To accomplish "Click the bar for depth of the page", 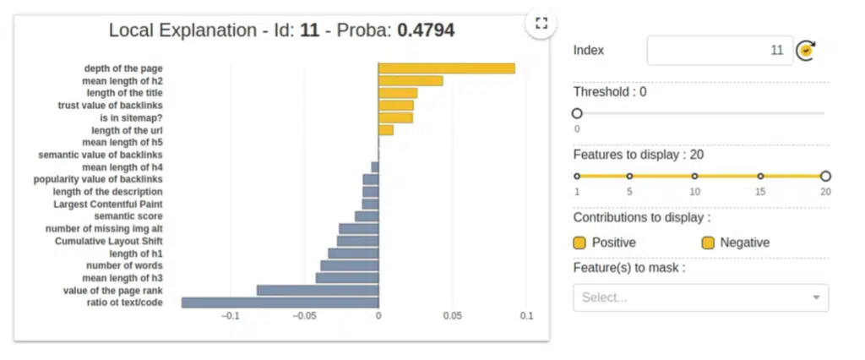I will (x=446, y=68).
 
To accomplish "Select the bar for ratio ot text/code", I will (x=280, y=303).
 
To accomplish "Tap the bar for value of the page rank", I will (x=317, y=290).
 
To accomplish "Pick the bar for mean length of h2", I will (x=411, y=80).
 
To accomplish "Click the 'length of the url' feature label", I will (x=127, y=130).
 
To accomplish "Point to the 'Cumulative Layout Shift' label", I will (x=109, y=241).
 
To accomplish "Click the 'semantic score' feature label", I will (x=128, y=216).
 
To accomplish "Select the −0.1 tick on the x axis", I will (x=229, y=316).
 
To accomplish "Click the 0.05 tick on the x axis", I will (x=452, y=316).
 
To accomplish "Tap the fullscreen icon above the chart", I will (x=541, y=23).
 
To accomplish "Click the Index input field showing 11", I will (x=719, y=51).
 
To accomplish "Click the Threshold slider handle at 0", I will (x=577, y=113).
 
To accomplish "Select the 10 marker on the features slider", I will (x=694, y=177).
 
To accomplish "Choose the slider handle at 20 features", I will (x=825, y=177).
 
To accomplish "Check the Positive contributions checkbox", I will (x=579, y=243).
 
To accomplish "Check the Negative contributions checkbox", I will (x=708, y=243).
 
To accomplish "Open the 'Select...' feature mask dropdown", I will (x=700, y=297).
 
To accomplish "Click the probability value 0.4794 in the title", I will (x=426, y=31).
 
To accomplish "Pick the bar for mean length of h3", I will (x=346, y=277).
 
